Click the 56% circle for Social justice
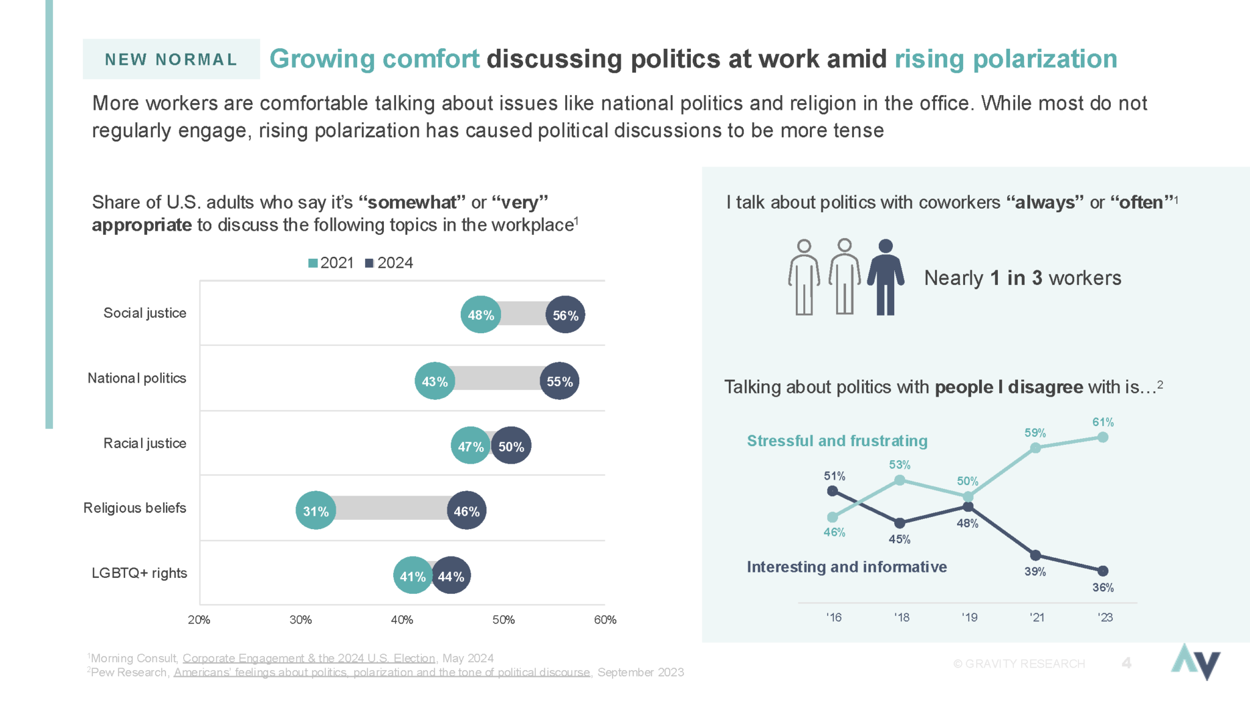click(x=565, y=315)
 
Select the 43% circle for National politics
click(x=435, y=381)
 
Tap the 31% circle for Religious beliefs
click(x=316, y=511)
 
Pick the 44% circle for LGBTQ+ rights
click(x=451, y=575)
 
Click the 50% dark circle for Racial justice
click(x=511, y=446)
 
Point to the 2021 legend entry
click(x=331, y=263)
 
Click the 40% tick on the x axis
click(x=402, y=620)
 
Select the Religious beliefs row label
click(x=135, y=508)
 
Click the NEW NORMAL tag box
click(x=171, y=59)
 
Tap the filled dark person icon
click(x=885, y=278)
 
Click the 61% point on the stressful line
click(x=1103, y=437)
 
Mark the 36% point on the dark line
click(x=1103, y=571)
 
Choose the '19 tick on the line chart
click(x=969, y=618)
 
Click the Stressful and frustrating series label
click(x=837, y=441)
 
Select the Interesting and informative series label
click(x=847, y=567)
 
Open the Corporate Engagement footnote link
click(x=309, y=658)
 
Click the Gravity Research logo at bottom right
click(x=1195, y=662)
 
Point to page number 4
click(x=1126, y=663)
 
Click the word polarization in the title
click(x=1045, y=59)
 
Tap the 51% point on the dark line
click(x=832, y=491)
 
